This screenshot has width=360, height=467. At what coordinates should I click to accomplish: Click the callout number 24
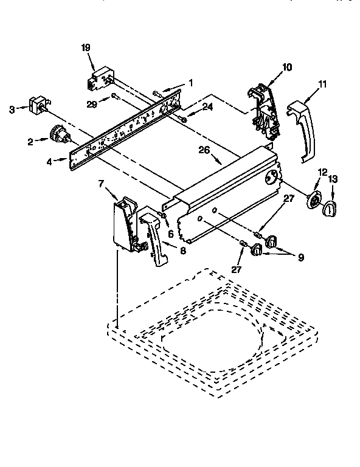[x=208, y=107]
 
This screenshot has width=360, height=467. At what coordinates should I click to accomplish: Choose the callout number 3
[x=12, y=109]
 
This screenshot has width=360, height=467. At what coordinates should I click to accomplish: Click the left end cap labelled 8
[x=154, y=235]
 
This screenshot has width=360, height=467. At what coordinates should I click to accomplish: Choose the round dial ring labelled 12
[x=316, y=201]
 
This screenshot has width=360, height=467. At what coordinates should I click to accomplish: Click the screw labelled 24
[x=183, y=117]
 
